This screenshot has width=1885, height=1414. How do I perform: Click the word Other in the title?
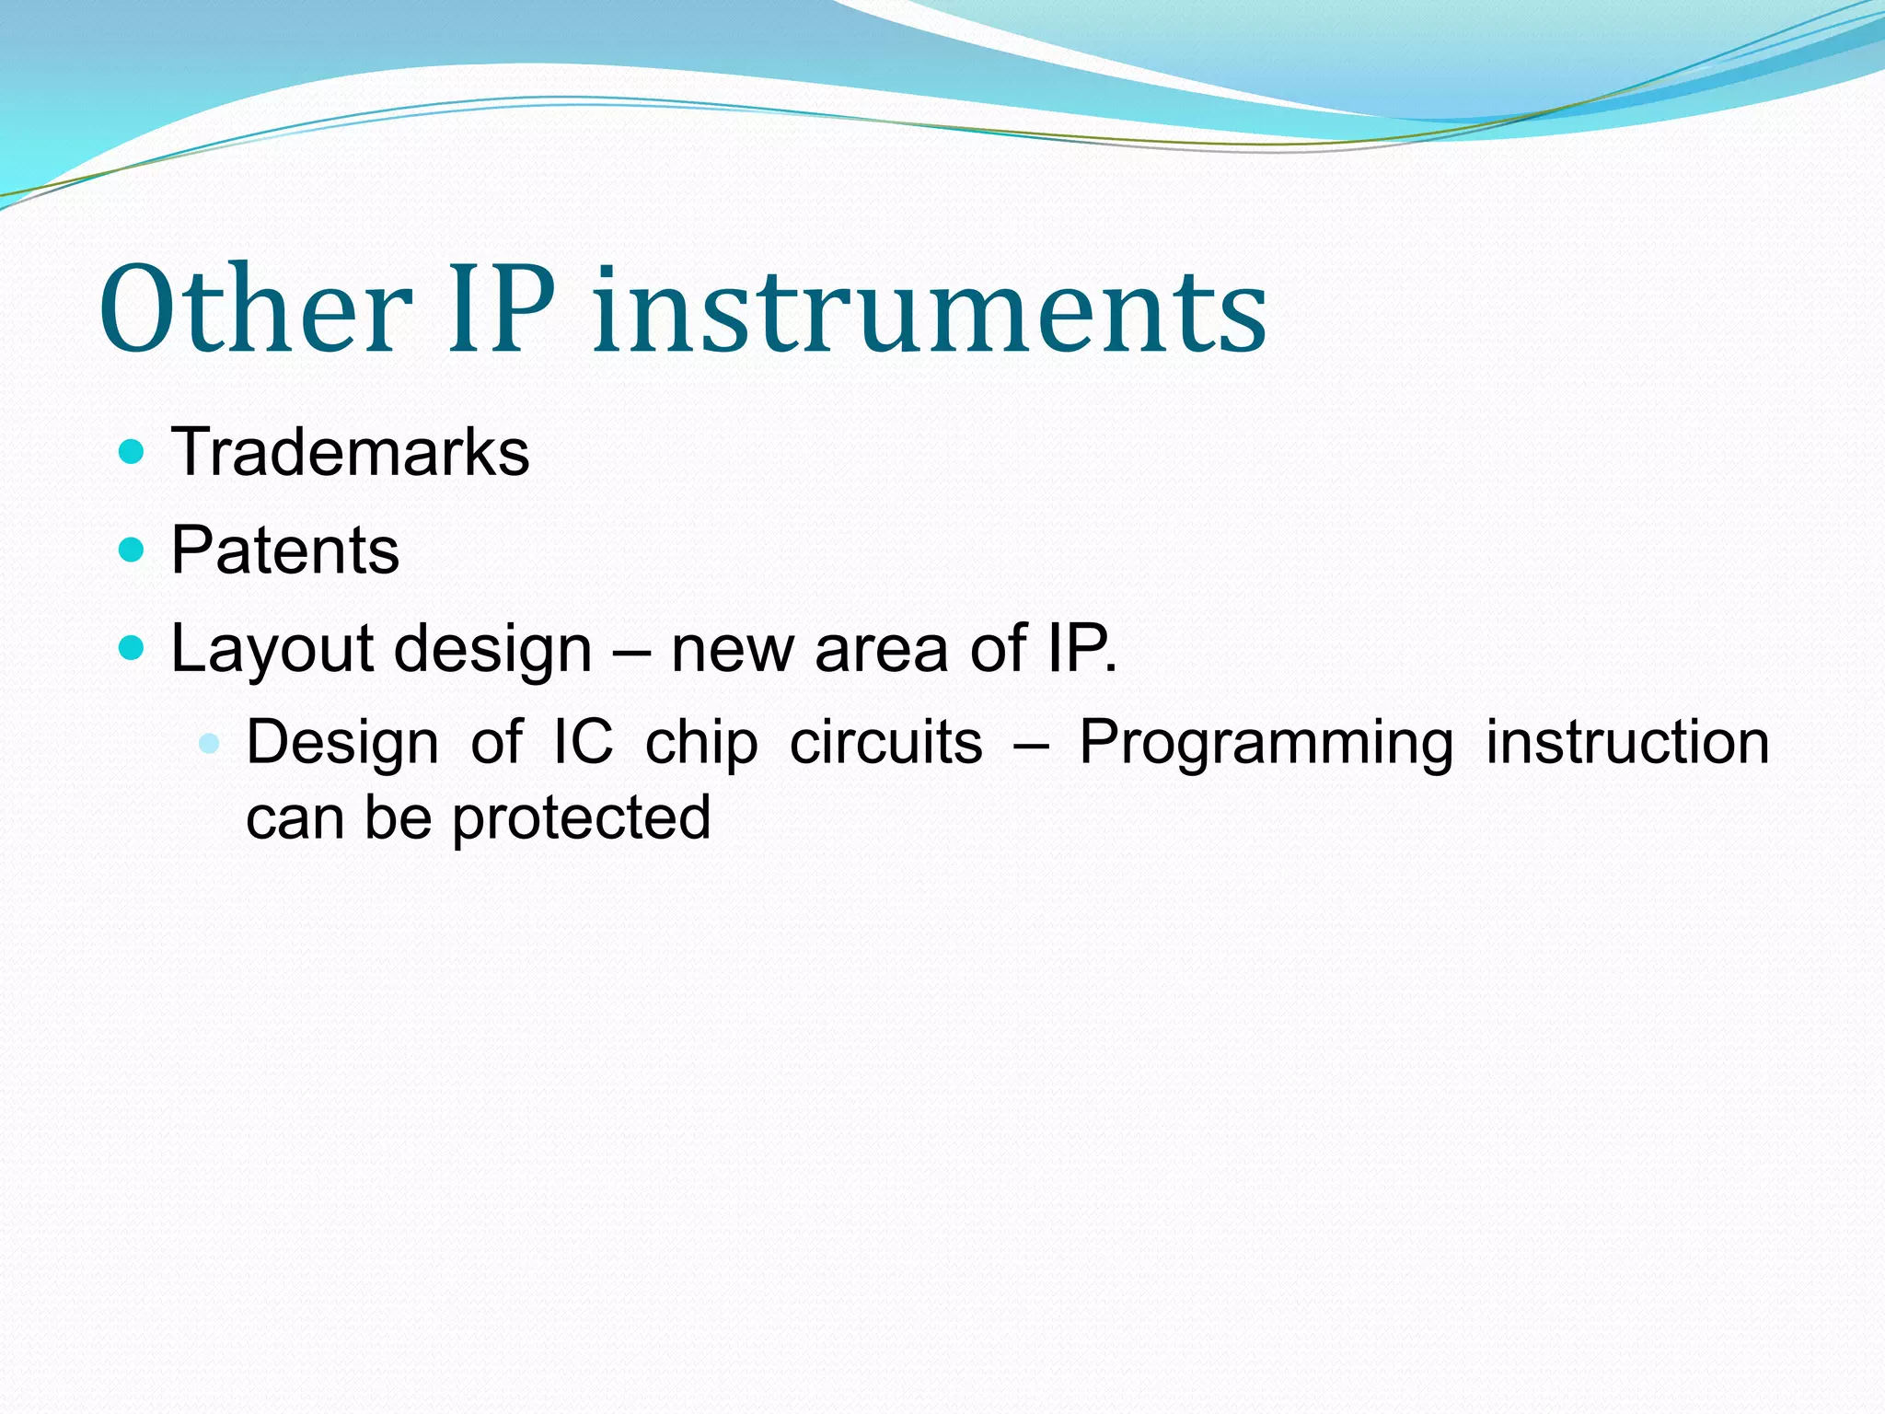pyautogui.click(x=255, y=309)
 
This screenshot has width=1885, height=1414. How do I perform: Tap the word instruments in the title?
pyautogui.click(x=930, y=309)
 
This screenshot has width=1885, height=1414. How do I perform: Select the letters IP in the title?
pyautogui.click(x=502, y=309)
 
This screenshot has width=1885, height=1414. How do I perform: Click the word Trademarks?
pyautogui.click(x=350, y=452)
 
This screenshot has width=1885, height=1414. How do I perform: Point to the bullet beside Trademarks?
pyautogui.click(x=133, y=452)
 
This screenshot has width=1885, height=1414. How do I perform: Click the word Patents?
pyautogui.click(x=285, y=551)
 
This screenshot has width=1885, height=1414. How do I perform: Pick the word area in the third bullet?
pyautogui.click(x=881, y=649)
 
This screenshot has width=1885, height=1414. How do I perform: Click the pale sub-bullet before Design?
pyautogui.click(x=210, y=743)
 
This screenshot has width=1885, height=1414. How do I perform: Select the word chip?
pyautogui.click(x=700, y=743)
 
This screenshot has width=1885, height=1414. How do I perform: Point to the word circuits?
pyautogui.click(x=885, y=742)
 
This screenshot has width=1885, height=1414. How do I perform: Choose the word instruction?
pyautogui.click(x=1627, y=742)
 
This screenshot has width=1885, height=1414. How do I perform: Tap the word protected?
pyautogui.click(x=581, y=818)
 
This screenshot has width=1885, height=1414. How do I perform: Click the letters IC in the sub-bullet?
pyautogui.click(x=583, y=742)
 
